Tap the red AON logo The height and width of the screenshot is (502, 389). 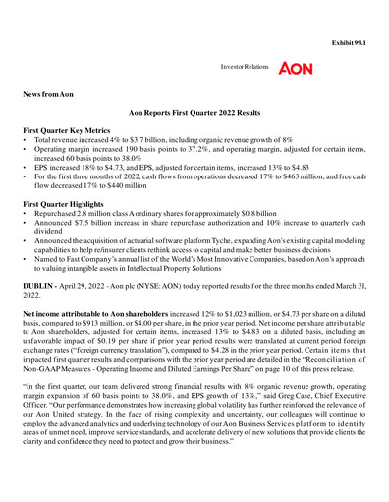click(x=296, y=70)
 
